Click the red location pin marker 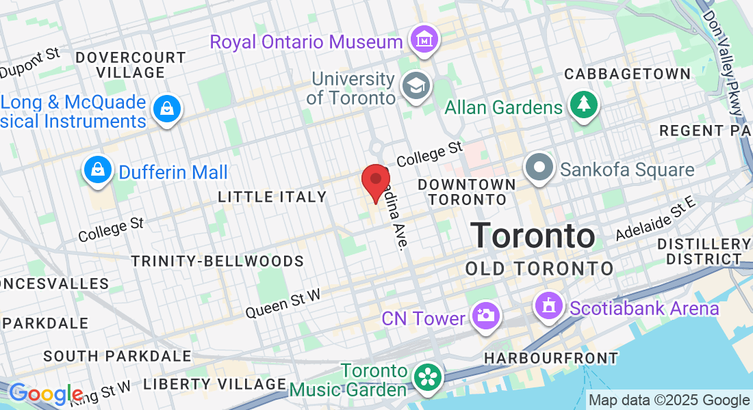point(375,181)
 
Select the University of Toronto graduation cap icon point(414,86)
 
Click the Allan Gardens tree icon point(583,106)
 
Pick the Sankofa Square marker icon point(539,168)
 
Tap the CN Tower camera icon point(486,316)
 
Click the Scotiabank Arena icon point(549,307)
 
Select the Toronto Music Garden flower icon point(428,379)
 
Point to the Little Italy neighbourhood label point(272,197)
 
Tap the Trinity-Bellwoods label point(217,261)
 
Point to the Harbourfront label point(550,358)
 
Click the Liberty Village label point(214,383)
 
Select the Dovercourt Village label point(130,65)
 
